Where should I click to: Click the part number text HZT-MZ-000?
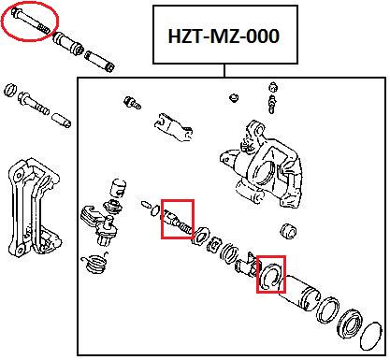[x=224, y=36]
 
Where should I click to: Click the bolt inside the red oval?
[x=30, y=21]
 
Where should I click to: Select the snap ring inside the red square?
[x=270, y=275]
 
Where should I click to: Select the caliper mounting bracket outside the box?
[x=34, y=208]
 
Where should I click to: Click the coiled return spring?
[x=94, y=263]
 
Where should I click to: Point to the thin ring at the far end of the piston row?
[x=370, y=336]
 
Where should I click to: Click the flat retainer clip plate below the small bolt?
[x=173, y=127]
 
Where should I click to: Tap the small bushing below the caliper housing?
[x=288, y=231]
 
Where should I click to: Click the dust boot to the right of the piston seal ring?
[x=350, y=324]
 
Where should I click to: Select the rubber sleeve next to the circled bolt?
[x=68, y=43]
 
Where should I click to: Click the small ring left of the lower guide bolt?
[x=11, y=90]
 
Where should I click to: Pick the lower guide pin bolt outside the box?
[x=35, y=103]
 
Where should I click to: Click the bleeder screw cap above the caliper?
[x=273, y=87]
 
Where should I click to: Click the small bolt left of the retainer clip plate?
[x=133, y=103]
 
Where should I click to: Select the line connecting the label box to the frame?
[x=224, y=70]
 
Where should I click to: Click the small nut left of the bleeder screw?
[x=234, y=97]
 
